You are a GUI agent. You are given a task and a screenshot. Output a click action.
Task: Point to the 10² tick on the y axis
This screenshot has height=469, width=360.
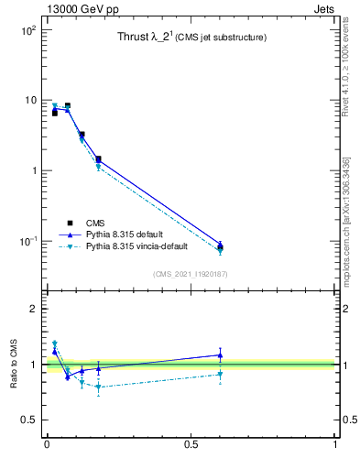[27, 30]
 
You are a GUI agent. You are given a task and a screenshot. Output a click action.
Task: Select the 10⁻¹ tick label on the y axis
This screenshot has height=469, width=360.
[27, 242]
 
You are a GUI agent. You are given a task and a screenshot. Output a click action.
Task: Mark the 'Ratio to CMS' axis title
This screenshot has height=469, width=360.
[15, 364]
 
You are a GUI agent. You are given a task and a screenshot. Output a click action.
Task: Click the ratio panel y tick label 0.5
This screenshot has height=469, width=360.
[28, 420]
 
